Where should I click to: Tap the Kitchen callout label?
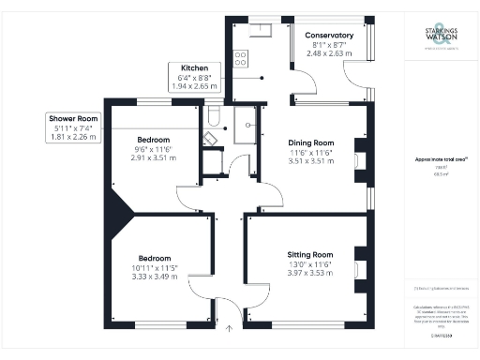click(194, 68)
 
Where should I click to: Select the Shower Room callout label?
click(74, 118)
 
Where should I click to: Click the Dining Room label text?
click(310, 142)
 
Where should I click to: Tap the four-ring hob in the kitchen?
click(239, 58)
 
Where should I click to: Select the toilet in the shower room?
click(214, 117)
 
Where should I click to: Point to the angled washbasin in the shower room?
click(210, 137)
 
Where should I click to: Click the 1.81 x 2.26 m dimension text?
click(74, 137)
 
